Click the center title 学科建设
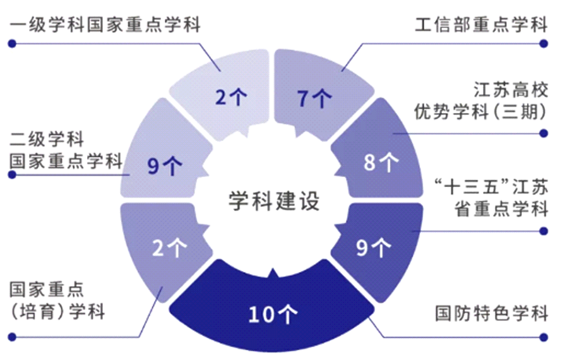tap(274, 200)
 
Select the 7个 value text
tap(314, 99)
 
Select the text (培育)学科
tap(57, 311)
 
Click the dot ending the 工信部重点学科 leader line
tap(544, 43)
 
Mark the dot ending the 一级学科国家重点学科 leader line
tap(12, 43)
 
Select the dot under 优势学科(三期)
tap(544, 132)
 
